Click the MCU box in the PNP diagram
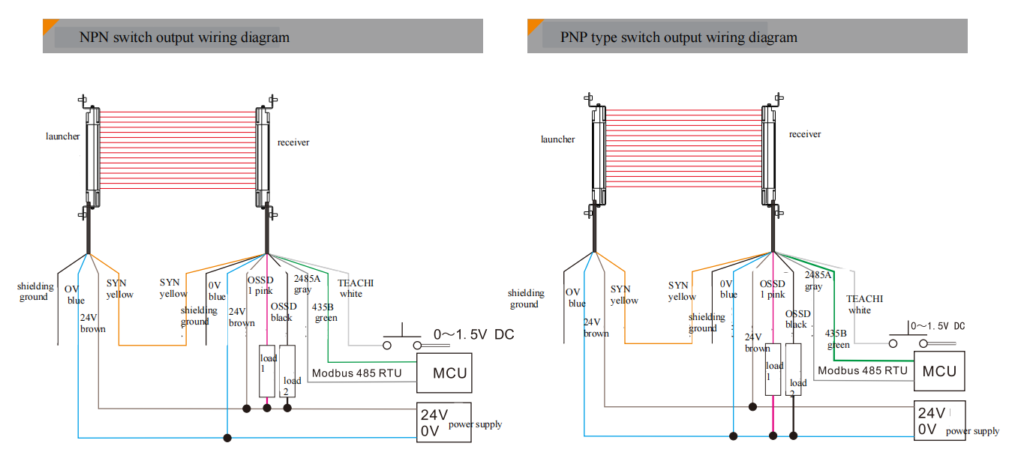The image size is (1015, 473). point(939,371)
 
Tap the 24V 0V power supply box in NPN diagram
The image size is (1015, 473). point(444,424)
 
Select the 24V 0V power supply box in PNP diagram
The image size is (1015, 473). point(939,421)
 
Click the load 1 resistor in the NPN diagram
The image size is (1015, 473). point(267,371)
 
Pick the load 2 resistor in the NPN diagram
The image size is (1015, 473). point(287,371)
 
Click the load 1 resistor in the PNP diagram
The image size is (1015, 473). point(773,369)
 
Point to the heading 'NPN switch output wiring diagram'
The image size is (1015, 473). point(185,37)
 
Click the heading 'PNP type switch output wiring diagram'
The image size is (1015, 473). point(678,37)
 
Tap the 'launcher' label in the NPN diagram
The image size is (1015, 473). point(63,136)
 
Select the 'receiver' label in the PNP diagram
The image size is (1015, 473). point(805,134)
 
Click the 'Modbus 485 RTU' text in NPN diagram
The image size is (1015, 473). point(356,373)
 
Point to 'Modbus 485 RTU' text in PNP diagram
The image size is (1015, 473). point(863,370)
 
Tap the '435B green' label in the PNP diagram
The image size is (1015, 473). point(839,340)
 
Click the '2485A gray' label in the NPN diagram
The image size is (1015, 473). point(306,284)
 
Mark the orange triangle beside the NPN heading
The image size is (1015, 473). point(48,25)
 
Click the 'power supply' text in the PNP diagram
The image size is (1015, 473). point(972,431)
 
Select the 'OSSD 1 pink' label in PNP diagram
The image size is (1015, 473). point(773,289)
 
